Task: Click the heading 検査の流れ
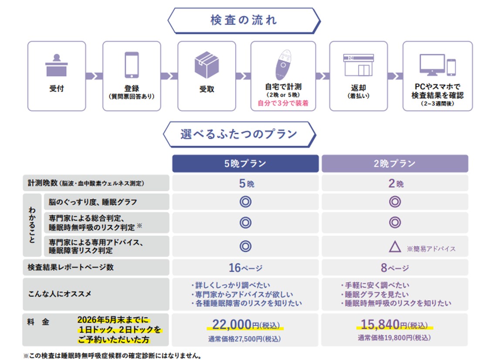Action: (244, 20)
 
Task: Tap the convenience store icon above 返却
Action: (358, 65)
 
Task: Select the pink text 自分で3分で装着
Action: (283, 104)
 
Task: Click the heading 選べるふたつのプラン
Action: (239, 134)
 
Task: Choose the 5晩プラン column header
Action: (245, 163)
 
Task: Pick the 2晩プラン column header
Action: (395, 163)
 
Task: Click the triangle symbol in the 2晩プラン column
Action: (394, 247)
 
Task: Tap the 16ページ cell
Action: (245, 267)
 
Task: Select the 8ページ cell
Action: (395, 267)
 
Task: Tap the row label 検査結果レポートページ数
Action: (68, 267)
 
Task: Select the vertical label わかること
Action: (32, 225)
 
